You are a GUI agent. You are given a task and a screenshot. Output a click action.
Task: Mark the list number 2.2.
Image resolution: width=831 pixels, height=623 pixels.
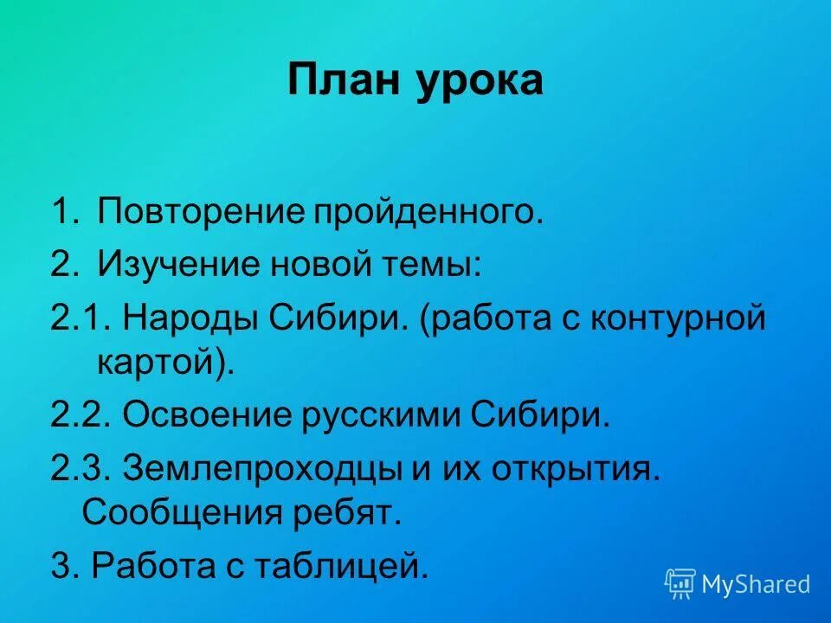tap(78, 417)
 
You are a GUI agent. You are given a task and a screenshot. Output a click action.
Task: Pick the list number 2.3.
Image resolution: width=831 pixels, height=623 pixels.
tap(78, 471)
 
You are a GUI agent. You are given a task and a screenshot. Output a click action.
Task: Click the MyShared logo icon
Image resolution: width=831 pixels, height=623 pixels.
tap(680, 584)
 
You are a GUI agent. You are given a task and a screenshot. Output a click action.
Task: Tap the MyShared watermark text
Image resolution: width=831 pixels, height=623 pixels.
tap(757, 585)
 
